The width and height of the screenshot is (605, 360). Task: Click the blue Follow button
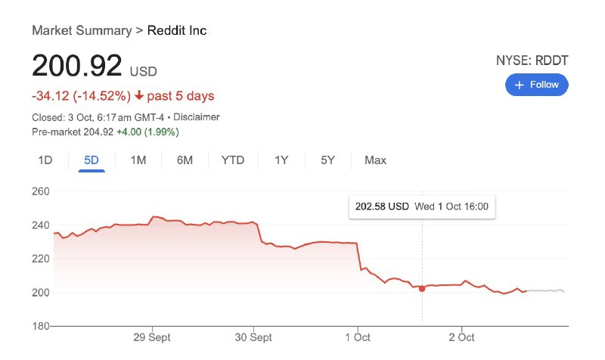[x=536, y=85]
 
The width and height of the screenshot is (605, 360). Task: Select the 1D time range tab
[x=45, y=160]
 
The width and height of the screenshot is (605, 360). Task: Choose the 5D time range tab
[x=91, y=160]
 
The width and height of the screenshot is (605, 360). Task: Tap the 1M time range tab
[x=138, y=160]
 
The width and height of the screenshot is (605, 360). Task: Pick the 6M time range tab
[x=185, y=160]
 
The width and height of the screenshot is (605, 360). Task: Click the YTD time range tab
[x=233, y=160]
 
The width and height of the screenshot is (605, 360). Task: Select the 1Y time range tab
[x=281, y=160]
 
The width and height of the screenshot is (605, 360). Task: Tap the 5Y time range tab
[x=327, y=160]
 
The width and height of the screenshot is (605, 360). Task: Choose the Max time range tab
[x=375, y=160]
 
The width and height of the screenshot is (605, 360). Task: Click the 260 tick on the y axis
[x=41, y=191]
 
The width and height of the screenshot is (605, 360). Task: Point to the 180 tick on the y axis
[x=41, y=326]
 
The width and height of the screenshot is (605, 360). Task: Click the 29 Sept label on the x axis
[x=151, y=337]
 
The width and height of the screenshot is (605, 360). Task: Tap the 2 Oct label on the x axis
[x=461, y=337]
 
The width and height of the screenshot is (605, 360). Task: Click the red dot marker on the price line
[x=422, y=288]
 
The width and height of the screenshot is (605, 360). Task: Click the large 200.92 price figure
[x=76, y=67]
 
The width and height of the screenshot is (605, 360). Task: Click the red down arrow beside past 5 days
[x=139, y=96]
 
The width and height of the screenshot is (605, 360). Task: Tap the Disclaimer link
[x=197, y=117]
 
